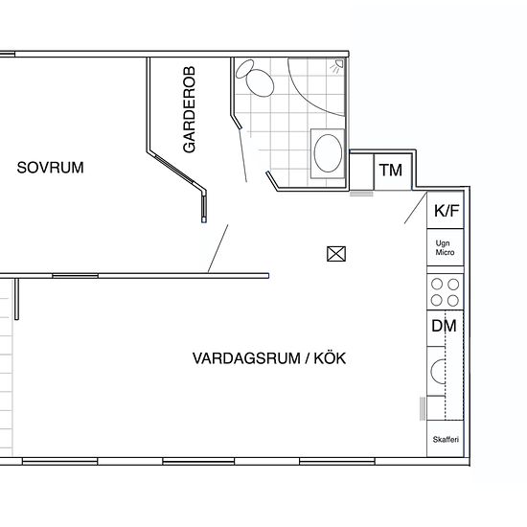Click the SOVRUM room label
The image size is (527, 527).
(x=50, y=168)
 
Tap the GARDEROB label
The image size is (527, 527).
(x=190, y=109)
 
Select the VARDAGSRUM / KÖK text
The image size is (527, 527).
(x=269, y=358)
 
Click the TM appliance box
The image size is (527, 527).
(x=393, y=172)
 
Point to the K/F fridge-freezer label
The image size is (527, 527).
(x=447, y=211)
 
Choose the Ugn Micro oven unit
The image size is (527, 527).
(x=446, y=247)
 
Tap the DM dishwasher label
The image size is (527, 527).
(x=444, y=326)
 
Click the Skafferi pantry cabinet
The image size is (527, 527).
(x=446, y=439)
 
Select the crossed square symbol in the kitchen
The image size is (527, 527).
(x=336, y=254)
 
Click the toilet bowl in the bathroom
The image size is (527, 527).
(x=260, y=83)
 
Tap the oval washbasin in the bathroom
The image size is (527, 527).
(x=328, y=153)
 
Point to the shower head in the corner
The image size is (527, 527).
(x=337, y=65)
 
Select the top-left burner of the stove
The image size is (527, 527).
(x=437, y=284)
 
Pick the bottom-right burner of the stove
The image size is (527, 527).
(x=453, y=301)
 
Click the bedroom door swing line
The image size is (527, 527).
(x=218, y=248)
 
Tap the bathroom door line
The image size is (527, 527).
(x=242, y=155)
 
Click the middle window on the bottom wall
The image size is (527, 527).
(x=198, y=461)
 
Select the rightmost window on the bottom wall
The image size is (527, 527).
(x=337, y=461)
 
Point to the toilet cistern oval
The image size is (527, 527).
(x=245, y=69)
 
